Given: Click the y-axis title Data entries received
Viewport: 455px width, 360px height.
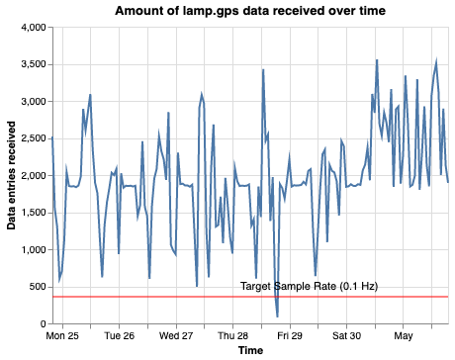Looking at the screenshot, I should coord(12,175).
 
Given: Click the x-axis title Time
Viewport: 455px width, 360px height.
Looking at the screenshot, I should coord(249,350).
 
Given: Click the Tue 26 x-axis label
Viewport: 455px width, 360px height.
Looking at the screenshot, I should coord(132,335).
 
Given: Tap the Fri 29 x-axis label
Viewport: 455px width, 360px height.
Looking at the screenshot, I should coord(298,335).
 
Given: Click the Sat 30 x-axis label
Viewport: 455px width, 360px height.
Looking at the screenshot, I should coord(354,335).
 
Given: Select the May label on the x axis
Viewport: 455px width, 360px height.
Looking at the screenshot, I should coord(405,335).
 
